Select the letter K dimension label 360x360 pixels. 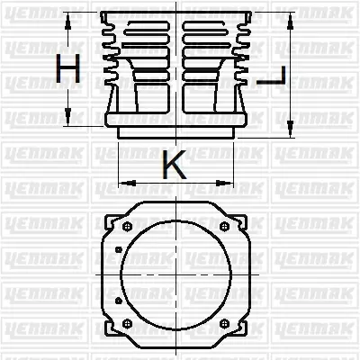tap(175, 165)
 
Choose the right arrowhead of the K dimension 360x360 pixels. tap(236, 183)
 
